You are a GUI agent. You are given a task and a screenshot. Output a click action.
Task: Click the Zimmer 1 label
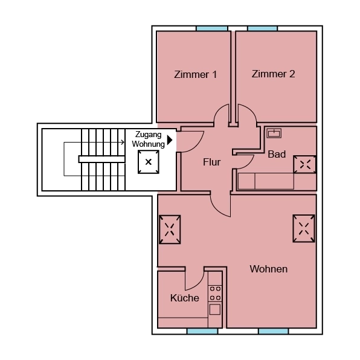click(195, 75)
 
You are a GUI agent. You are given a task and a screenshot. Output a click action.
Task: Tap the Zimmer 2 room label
click(274, 74)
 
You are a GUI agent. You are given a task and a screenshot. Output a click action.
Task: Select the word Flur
click(211, 162)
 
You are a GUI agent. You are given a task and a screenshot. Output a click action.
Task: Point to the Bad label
click(277, 155)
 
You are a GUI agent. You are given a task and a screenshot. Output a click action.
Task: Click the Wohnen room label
click(269, 269)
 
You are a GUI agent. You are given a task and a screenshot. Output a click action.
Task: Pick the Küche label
click(184, 298)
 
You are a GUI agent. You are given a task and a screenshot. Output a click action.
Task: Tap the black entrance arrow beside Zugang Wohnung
click(170, 140)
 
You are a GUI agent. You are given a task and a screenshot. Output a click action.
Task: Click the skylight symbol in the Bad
click(304, 165)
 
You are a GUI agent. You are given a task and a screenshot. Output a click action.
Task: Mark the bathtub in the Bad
click(266, 181)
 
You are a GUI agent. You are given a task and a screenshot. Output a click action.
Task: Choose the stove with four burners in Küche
click(215, 293)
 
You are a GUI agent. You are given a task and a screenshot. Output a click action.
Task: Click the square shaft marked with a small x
click(149, 162)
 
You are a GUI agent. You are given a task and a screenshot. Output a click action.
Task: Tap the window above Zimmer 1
click(212, 28)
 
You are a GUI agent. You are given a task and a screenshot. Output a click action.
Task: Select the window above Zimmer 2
click(262, 28)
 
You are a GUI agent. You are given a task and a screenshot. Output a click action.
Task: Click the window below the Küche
click(202, 331)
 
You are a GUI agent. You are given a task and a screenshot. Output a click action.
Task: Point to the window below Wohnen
click(274, 331)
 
